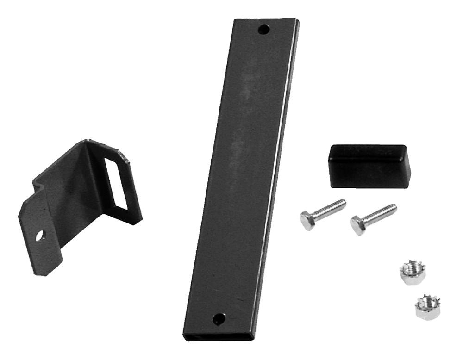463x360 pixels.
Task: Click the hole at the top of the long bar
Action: coord(263,30)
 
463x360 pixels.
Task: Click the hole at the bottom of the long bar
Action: coord(219,318)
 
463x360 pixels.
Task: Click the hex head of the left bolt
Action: coord(307,220)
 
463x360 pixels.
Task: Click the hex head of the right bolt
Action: coord(358,225)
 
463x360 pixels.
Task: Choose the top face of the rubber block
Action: coord(368,152)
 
